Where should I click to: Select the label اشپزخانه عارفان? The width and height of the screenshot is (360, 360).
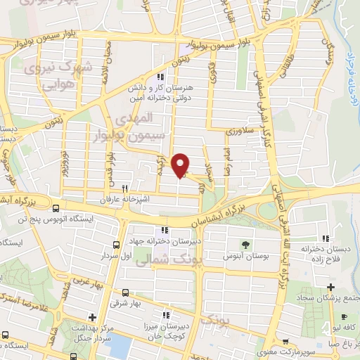125,200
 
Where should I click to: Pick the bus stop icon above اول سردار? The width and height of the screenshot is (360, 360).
115,245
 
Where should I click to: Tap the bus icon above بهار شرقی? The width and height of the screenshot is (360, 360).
125,292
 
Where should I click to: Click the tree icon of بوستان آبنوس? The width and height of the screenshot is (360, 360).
245,245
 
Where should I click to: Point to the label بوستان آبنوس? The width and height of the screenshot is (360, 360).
245,257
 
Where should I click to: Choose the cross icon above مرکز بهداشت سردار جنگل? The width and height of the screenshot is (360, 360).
92,317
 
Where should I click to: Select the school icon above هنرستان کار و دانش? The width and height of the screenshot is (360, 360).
161,77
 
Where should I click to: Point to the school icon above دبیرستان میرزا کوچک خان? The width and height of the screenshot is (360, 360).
167,315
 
